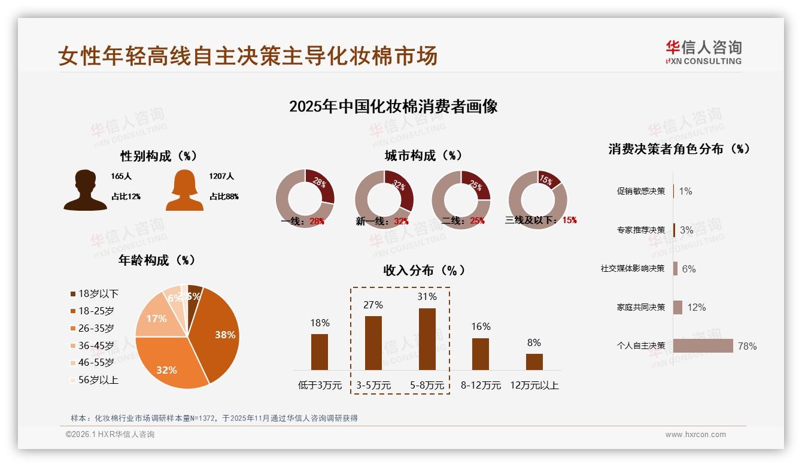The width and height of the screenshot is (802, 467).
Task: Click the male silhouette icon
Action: [85, 190]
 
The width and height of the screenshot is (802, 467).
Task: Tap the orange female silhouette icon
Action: [184, 190]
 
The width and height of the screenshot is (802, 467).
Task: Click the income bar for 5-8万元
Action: [427, 339]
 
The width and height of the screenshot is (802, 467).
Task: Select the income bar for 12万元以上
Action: [534, 362]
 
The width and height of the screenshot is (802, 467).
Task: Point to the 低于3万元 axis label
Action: [320, 385]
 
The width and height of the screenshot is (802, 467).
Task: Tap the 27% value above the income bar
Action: [373, 305]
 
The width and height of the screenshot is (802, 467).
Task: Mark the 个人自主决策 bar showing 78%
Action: [703, 345]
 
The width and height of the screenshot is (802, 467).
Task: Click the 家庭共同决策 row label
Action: [640, 307]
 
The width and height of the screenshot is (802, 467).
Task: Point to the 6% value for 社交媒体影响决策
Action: [689, 269]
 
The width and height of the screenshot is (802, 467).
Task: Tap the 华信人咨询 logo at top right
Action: [703, 52]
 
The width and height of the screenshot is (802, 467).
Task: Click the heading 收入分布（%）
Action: [424, 270]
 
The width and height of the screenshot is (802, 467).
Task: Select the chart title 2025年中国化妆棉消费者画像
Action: [393, 107]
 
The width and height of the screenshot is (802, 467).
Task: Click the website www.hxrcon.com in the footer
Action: [695, 435]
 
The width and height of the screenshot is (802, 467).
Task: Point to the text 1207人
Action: [221, 177]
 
